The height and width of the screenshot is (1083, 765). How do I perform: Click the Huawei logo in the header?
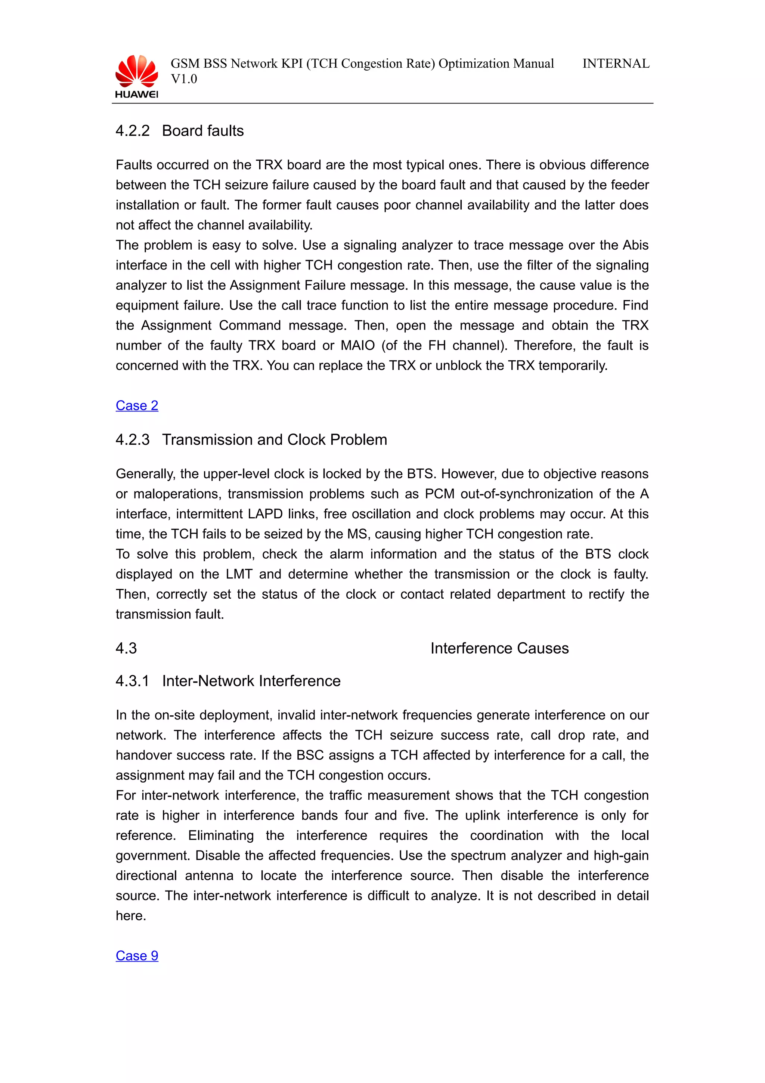click(136, 76)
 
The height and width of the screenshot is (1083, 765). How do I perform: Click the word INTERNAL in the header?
click(616, 64)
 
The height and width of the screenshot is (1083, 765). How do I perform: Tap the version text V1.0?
click(184, 79)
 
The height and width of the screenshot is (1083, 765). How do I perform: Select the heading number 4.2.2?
click(133, 131)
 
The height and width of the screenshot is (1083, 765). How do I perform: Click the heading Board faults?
click(203, 131)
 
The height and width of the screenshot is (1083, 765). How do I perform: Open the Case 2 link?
click(137, 405)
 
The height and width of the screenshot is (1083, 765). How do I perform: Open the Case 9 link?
click(137, 956)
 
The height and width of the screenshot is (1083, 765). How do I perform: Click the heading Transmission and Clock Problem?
click(274, 439)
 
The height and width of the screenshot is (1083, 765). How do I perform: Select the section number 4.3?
click(126, 648)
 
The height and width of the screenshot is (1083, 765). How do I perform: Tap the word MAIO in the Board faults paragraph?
click(358, 346)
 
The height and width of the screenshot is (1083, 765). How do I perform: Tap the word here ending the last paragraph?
click(131, 916)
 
